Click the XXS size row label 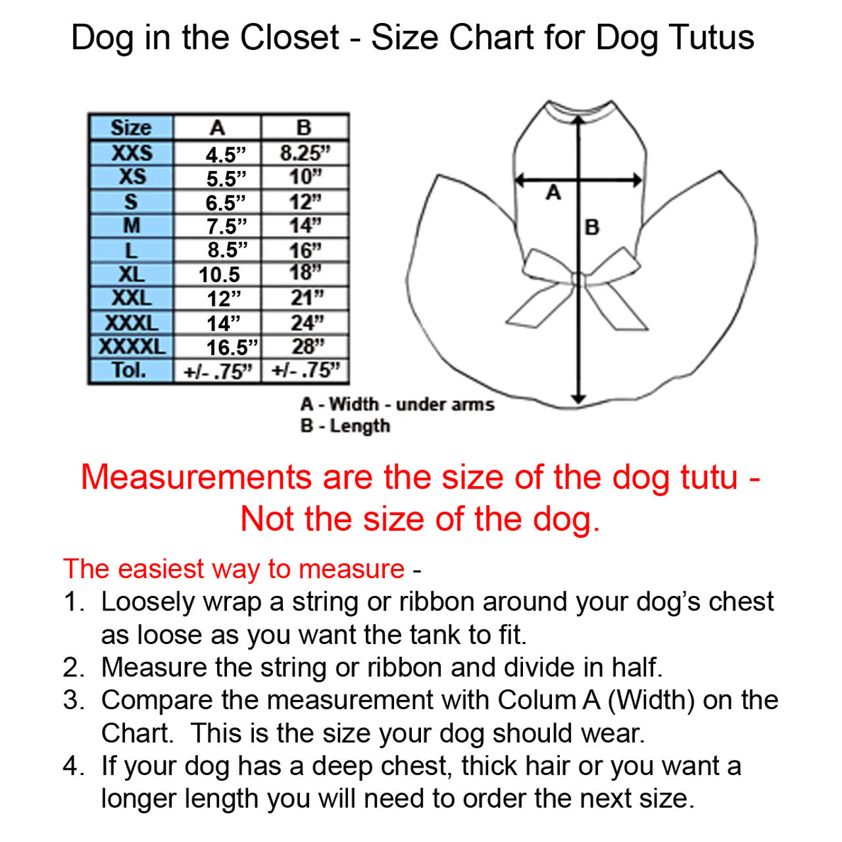(132, 153)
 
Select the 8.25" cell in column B (305, 153)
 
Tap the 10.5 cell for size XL (219, 274)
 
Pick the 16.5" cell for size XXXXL (232, 347)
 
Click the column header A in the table (218, 128)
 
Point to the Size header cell (131, 128)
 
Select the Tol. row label (130, 370)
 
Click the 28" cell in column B (308, 347)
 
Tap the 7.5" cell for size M (226, 226)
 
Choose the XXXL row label (132, 323)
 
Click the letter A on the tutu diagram (553, 192)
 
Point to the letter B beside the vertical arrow (592, 227)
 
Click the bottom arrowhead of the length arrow (578, 398)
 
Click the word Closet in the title (289, 37)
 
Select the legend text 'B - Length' (345, 426)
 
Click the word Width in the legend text (354, 404)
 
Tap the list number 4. (73, 766)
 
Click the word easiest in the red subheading (161, 568)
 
